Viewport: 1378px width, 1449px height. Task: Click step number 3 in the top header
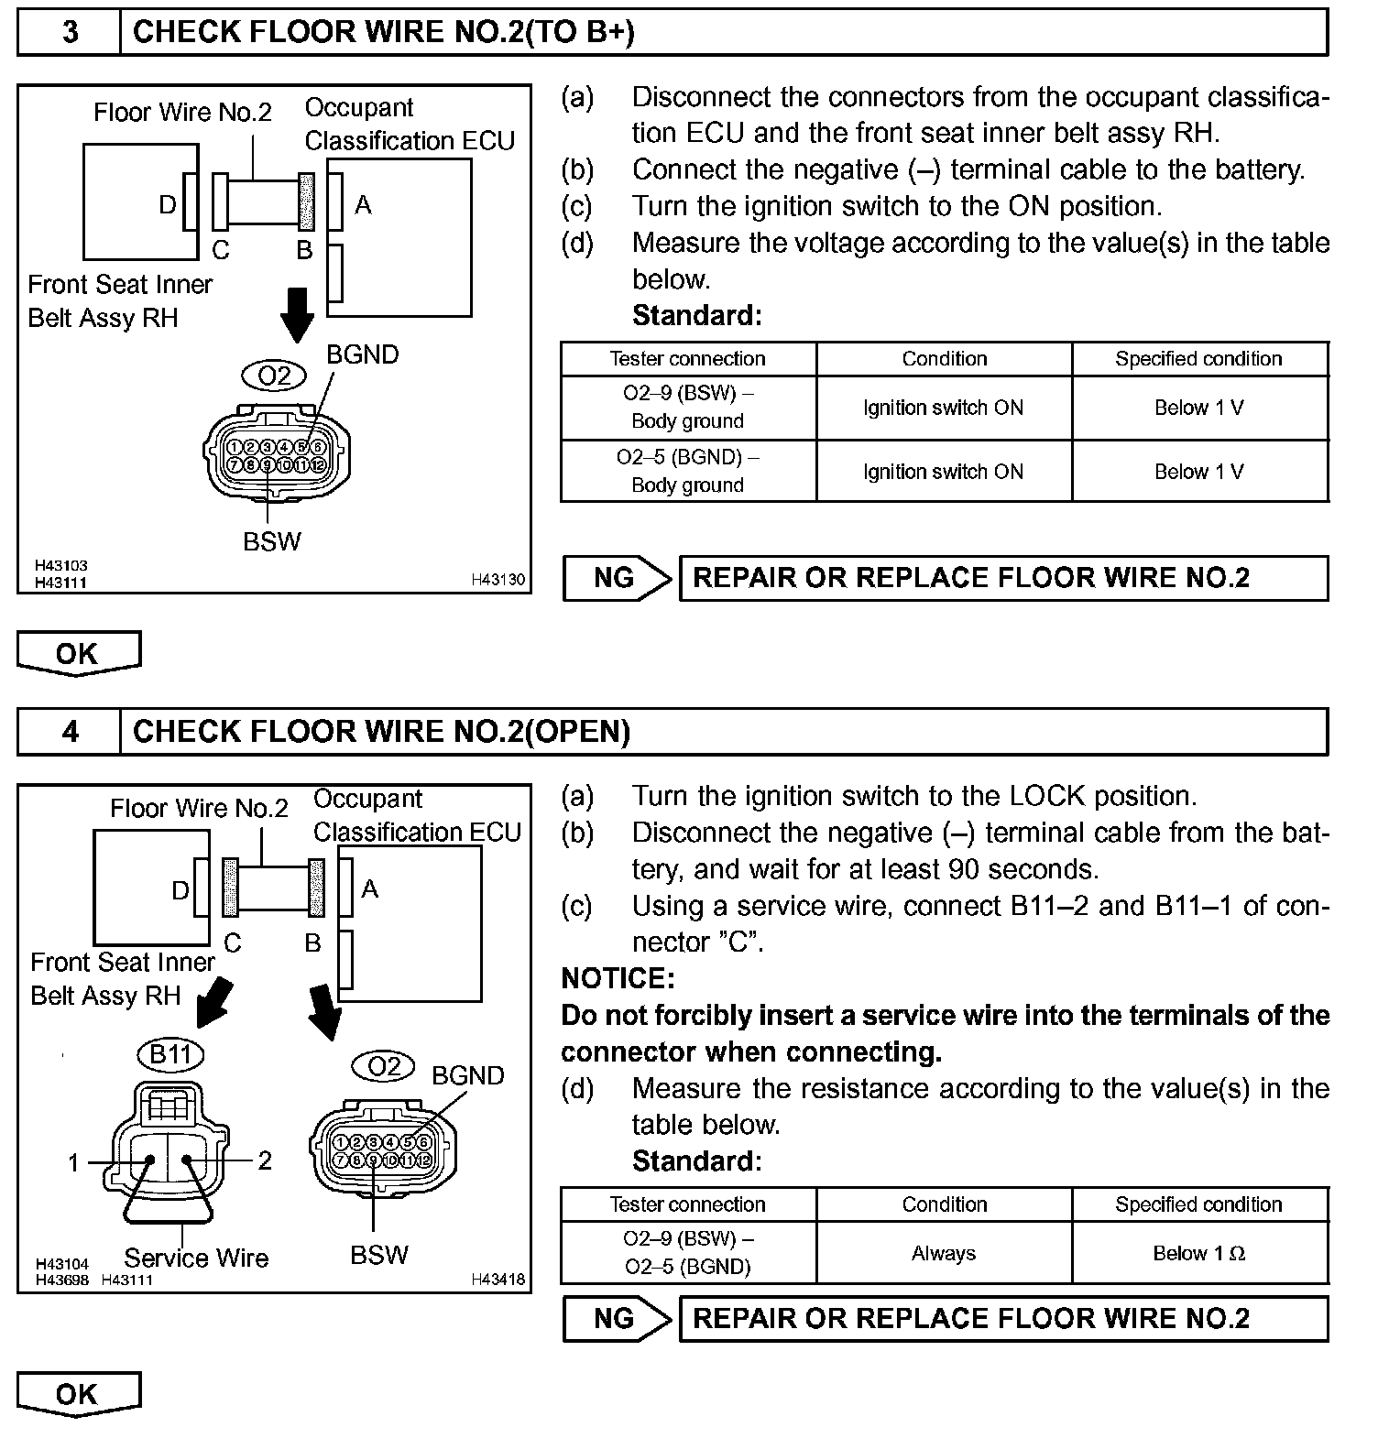pos(70,32)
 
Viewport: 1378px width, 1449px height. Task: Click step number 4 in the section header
pos(70,731)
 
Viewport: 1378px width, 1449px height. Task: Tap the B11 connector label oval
pos(170,1054)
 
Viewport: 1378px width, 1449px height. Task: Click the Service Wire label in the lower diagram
pos(196,1258)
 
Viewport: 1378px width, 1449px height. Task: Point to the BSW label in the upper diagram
pos(272,541)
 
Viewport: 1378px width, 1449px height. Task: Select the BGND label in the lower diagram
pos(467,1075)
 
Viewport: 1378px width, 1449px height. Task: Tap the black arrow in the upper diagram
pos(296,315)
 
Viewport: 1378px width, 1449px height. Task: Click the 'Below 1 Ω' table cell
pos(1198,1253)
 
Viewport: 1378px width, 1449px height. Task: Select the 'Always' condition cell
pos(944,1253)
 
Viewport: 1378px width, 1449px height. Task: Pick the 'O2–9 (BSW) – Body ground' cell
pos(687,408)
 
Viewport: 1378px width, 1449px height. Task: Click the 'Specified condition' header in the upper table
pos(1198,359)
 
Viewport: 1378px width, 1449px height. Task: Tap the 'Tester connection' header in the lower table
pos(687,1204)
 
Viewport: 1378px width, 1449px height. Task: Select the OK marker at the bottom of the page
pos(78,1394)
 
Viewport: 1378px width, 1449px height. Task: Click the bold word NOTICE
pos(618,978)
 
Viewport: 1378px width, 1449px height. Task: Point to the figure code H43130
pos(498,579)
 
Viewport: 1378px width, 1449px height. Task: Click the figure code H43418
pos(498,1279)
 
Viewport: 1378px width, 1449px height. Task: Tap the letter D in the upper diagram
pos(168,204)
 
